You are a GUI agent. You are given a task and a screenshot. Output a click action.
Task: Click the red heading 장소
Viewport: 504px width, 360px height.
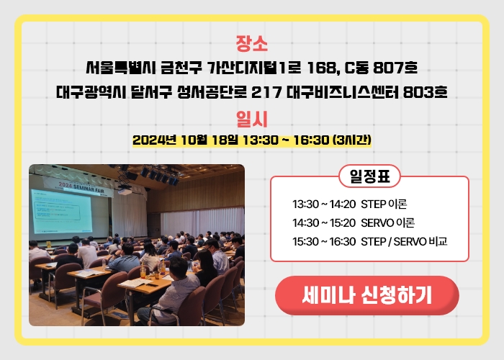(252, 43)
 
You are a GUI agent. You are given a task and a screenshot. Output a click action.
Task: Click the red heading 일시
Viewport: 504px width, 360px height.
(252, 120)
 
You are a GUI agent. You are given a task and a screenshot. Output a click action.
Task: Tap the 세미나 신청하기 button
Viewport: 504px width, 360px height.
(366, 295)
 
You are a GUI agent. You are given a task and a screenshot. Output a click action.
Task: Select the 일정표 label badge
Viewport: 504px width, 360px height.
(369, 176)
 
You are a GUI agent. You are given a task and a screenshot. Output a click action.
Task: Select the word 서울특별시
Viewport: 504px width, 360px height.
(121, 68)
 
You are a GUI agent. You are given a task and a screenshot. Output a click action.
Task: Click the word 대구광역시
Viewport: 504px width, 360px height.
(91, 92)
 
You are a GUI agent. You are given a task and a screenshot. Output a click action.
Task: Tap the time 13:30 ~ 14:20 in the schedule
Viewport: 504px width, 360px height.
(324, 204)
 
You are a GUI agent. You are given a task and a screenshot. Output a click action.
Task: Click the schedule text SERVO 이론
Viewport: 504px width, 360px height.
(387, 222)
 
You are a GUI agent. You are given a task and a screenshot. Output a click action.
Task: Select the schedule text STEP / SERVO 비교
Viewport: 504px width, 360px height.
(404, 241)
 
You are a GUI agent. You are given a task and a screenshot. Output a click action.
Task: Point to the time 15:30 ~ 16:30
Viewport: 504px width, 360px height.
(324, 241)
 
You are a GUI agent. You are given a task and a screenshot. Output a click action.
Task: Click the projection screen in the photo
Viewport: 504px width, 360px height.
(61, 212)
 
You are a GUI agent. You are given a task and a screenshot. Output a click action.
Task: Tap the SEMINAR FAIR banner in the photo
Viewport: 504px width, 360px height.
(78, 186)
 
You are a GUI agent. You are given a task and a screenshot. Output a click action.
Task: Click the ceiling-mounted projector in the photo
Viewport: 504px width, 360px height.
(125, 191)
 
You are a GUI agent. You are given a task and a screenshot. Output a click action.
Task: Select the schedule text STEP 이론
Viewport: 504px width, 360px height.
(384, 204)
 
